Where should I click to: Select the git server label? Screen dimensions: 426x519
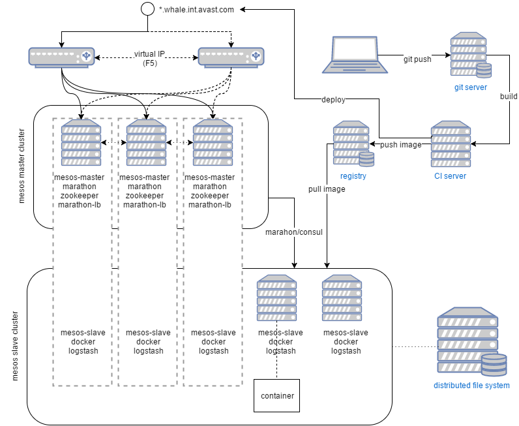tap(471, 87)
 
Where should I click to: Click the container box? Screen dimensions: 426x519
tap(277, 396)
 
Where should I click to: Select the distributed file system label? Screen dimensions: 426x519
tap(471, 386)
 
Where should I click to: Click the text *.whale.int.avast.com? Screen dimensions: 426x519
tap(196, 10)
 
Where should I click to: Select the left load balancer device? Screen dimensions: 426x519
tap(61, 57)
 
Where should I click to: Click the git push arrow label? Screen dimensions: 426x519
tap(417, 59)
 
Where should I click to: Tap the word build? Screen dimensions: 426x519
tap(509, 97)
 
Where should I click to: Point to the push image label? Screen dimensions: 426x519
tap(400, 144)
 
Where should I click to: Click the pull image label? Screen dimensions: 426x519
tap(327, 189)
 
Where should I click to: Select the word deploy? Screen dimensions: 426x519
tap(333, 100)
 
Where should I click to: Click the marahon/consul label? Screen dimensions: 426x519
tap(293, 232)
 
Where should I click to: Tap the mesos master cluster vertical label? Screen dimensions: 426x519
tap(22, 167)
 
